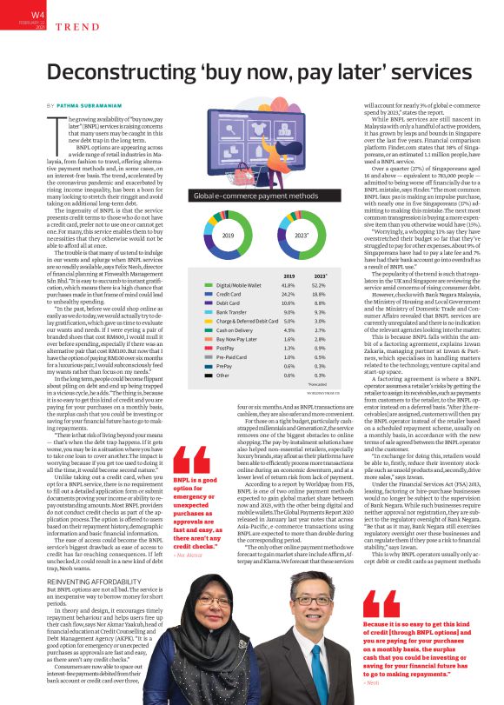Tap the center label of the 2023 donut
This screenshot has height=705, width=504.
click(x=302, y=236)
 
